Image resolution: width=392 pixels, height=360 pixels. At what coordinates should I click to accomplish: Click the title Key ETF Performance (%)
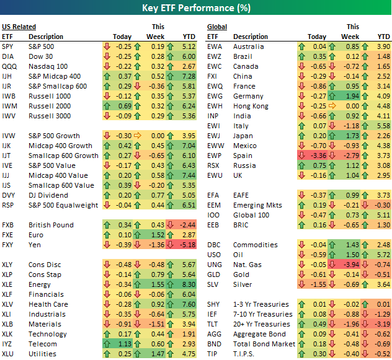(195, 9)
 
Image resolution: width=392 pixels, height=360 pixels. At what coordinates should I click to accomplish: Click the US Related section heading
(19, 27)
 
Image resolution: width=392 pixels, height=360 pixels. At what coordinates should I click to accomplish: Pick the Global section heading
(217, 27)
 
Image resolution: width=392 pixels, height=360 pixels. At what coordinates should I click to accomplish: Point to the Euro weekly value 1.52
(156, 235)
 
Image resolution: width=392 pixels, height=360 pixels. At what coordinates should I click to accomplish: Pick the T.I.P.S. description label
(248, 354)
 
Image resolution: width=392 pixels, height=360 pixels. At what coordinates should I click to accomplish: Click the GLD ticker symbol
(214, 274)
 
